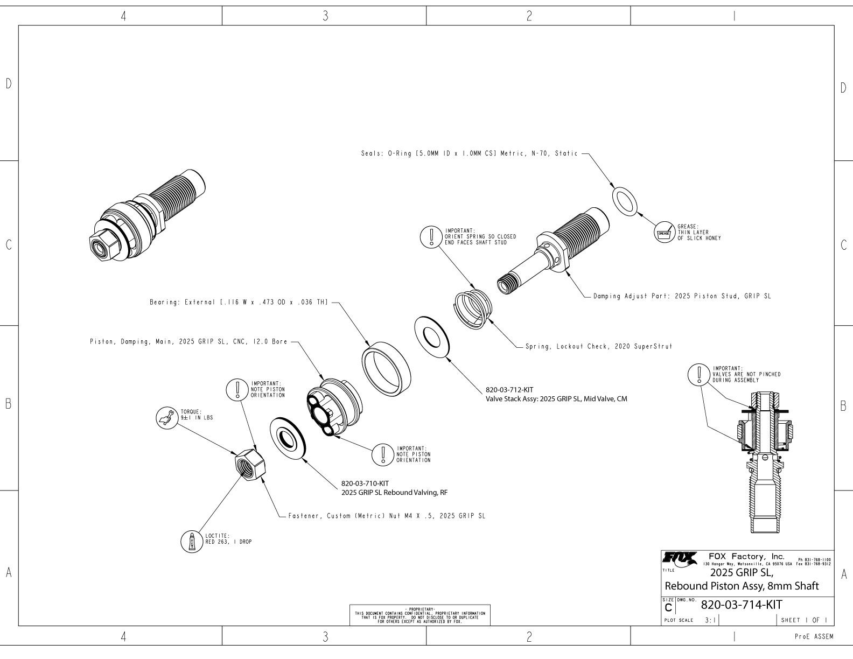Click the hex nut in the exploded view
click(249, 462)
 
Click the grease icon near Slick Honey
click(663, 233)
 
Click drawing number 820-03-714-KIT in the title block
click(741, 605)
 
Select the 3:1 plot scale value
click(711, 620)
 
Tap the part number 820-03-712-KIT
click(509, 390)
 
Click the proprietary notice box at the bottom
click(420, 615)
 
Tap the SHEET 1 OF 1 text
click(803, 620)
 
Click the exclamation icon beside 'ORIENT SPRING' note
click(431, 236)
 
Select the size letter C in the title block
click(668, 607)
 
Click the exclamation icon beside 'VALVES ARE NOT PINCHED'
click(699, 373)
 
